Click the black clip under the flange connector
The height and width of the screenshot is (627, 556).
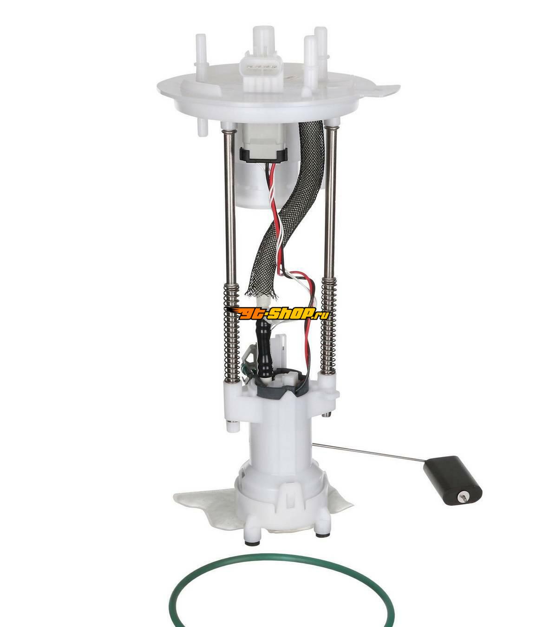pos(263,155)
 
